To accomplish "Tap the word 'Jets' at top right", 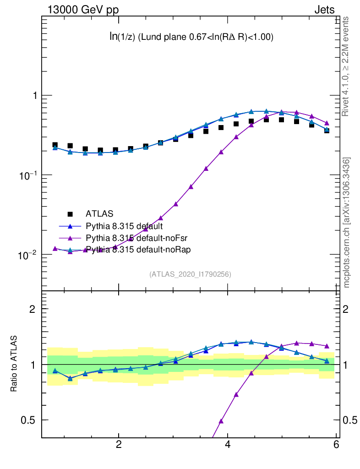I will tap(324, 10).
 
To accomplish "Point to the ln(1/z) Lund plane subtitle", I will tap(191, 38).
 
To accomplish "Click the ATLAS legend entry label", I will tap(99, 213).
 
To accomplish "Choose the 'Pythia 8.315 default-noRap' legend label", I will tap(131, 250).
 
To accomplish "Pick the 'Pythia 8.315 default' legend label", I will tap(124, 226).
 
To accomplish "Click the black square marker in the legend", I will tap(70, 213).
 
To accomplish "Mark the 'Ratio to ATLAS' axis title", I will tap(14, 365).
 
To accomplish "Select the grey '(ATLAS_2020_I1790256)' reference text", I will tap(190, 274).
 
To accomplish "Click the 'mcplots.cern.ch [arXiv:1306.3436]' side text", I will tap(347, 223).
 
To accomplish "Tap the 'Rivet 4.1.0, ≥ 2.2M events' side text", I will tap(347, 66).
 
